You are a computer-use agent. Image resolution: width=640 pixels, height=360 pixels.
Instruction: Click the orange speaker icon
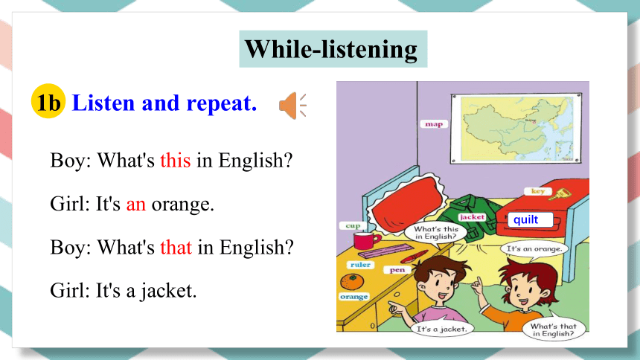(292, 106)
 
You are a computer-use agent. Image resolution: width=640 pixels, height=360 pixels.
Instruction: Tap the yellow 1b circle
(48, 101)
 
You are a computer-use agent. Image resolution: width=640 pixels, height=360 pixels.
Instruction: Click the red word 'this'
(175, 160)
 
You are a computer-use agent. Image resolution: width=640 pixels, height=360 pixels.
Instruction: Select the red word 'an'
(136, 204)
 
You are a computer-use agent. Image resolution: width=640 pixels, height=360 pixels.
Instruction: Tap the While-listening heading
(331, 49)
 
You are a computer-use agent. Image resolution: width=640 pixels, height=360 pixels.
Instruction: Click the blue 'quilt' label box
(530, 219)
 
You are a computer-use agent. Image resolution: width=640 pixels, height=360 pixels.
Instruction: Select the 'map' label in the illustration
(434, 124)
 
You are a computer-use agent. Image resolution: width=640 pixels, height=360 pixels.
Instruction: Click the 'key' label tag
(538, 191)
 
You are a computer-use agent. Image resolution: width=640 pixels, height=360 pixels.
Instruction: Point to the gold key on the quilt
(559, 194)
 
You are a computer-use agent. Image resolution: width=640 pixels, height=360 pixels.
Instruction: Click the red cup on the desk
(366, 240)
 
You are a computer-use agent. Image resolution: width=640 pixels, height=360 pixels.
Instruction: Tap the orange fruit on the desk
(352, 282)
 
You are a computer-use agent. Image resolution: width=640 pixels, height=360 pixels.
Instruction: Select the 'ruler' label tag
(360, 265)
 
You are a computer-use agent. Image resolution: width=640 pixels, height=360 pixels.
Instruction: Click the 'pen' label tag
(397, 270)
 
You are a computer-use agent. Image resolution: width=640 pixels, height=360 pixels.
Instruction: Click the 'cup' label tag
(353, 225)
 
